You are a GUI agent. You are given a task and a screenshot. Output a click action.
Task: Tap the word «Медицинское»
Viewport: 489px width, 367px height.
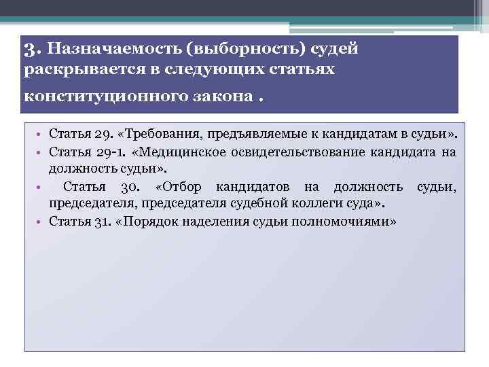[164, 151]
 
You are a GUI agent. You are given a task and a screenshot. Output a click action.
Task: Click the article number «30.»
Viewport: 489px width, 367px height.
[129, 187]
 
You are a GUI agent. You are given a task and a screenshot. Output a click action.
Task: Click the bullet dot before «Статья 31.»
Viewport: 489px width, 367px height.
[41, 222]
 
